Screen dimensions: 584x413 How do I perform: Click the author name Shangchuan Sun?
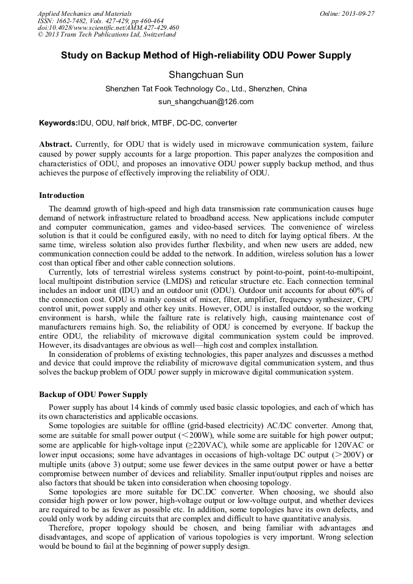pyautogui.click(x=206, y=75)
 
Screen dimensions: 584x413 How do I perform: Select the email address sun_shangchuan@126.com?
pyautogui.click(x=206, y=102)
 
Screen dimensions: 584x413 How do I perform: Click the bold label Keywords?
pyautogui.click(x=58, y=123)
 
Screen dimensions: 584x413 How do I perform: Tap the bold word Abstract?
pyautogui.click(x=55, y=144)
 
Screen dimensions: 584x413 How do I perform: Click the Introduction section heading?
pyautogui.click(x=62, y=195)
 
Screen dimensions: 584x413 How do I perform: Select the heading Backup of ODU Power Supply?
pyautogui.click(x=93, y=395)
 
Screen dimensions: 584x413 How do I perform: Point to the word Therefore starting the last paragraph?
pyautogui.click(x=69, y=529)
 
